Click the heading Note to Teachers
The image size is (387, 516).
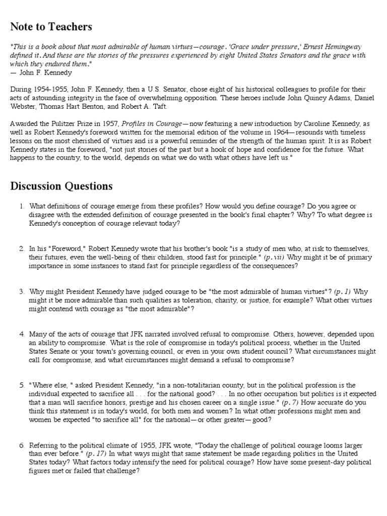coord(51,26)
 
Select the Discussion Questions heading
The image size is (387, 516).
coord(61,186)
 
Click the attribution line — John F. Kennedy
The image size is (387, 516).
coord(41,73)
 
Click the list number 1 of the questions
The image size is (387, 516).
coord(22,206)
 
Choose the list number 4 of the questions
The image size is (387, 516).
coord(22,334)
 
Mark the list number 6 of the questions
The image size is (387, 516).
coord(22,446)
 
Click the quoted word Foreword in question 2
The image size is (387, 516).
coord(67,249)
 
